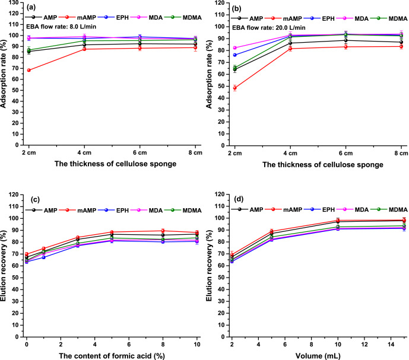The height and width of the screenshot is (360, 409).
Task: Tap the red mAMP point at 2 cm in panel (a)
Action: click(29, 70)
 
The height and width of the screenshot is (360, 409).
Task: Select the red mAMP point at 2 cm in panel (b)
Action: click(235, 88)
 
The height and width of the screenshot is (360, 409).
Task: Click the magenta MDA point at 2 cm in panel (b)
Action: click(235, 48)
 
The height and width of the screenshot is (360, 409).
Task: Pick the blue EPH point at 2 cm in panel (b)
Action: click(235, 55)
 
